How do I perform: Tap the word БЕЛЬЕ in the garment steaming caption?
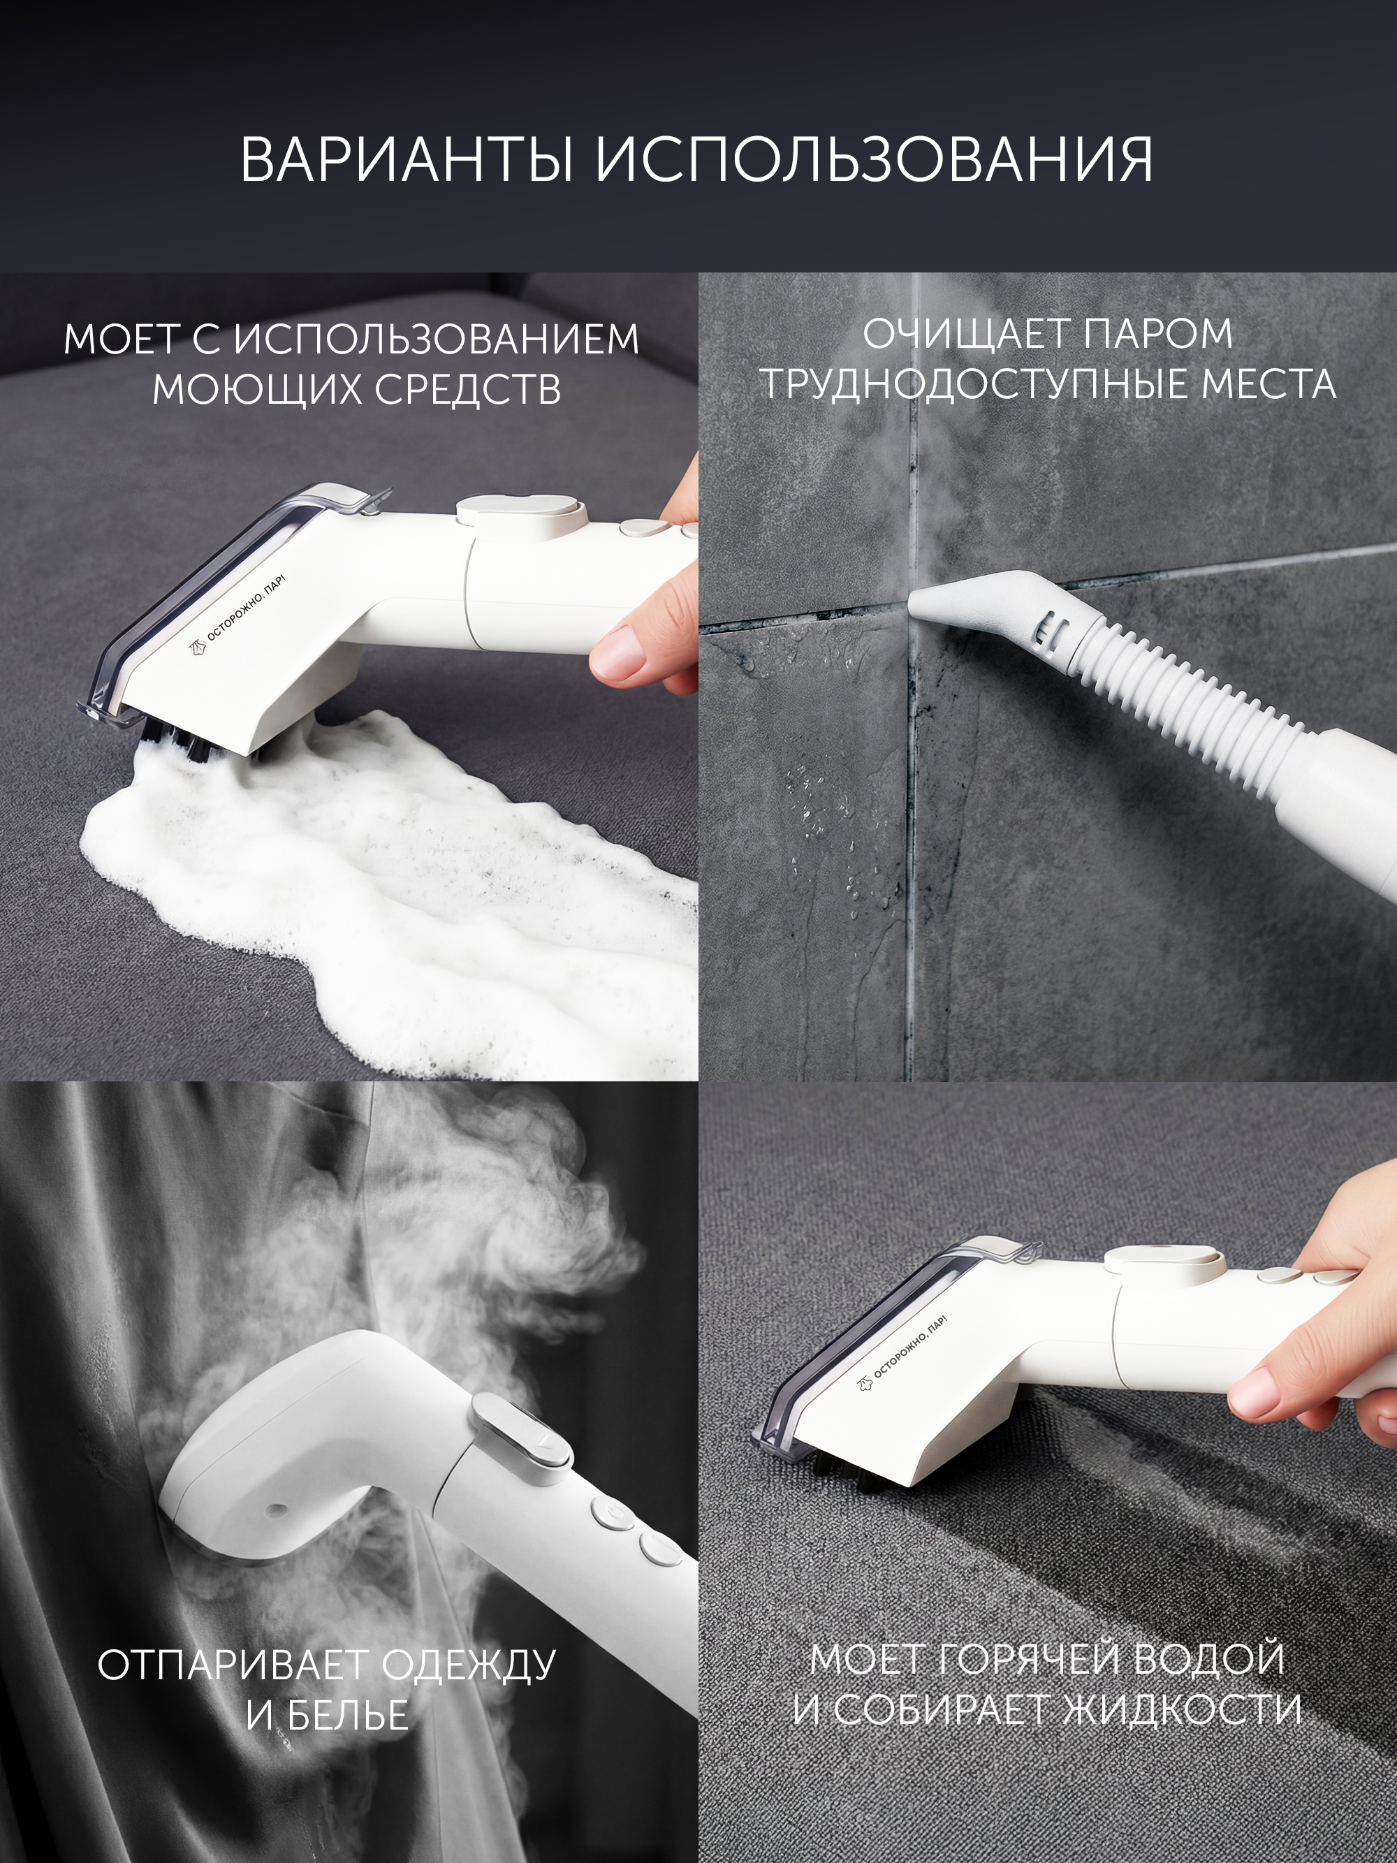coord(327,1716)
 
